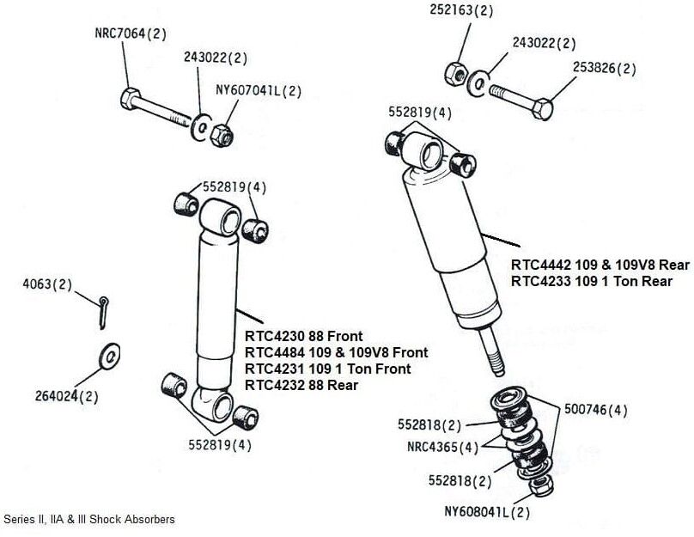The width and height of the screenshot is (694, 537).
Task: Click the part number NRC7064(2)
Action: click(131, 35)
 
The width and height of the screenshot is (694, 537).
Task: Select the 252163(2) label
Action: click(462, 11)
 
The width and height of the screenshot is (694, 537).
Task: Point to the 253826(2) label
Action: click(605, 69)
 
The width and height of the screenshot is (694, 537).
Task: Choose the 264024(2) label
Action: click(65, 396)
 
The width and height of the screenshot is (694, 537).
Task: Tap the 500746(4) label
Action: click(600, 411)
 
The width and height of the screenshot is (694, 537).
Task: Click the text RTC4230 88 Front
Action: click(304, 336)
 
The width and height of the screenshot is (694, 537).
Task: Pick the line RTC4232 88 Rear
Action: click(301, 385)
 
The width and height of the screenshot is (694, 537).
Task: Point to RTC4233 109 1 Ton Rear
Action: click(592, 281)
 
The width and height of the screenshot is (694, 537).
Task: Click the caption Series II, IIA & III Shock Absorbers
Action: click(89, 519)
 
